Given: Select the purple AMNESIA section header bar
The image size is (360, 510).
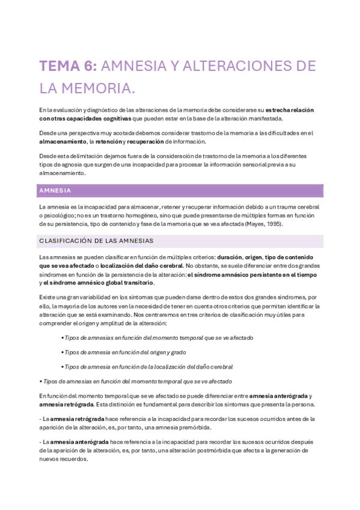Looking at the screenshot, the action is coord(180,191).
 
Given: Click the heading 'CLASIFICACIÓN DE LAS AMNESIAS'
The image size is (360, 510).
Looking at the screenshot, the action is coord(96,241).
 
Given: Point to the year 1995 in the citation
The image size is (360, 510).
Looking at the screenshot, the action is coord(272,224).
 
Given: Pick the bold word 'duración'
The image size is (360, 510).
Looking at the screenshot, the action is coord(228,256).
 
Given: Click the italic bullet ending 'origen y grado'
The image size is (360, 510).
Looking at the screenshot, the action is coord(125,352).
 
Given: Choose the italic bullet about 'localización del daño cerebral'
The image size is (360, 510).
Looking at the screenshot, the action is coord(148,366).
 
